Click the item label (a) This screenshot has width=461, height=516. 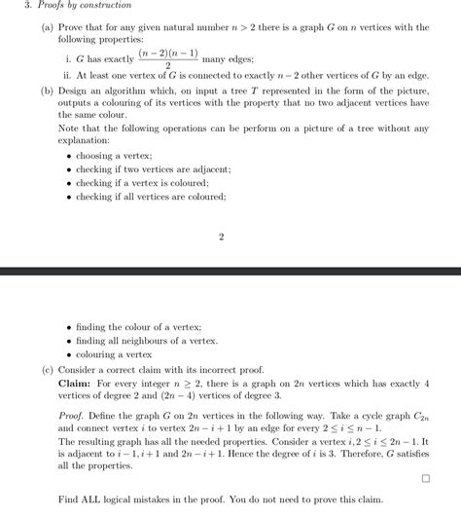(48, 29)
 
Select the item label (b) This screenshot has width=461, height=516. (48, 91)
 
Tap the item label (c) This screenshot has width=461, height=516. (48, 370)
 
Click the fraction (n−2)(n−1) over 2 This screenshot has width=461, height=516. (167, 59)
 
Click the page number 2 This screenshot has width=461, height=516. (222, 237)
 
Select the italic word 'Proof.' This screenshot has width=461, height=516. (73, 414)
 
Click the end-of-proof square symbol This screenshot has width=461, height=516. (425, 479)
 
